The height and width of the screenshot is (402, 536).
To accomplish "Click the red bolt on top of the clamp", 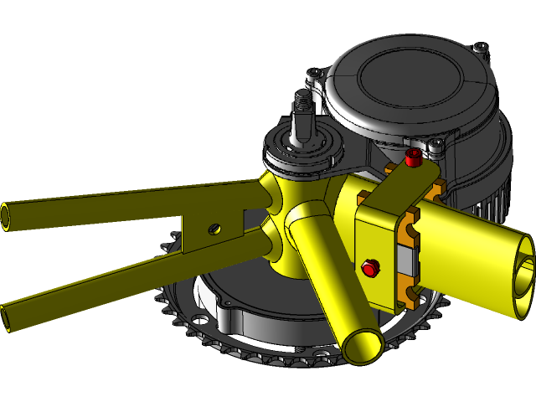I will click(411, 157).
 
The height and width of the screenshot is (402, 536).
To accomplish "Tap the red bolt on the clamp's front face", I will click(368, 268).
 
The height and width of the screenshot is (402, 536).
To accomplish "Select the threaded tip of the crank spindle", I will click(301, 104).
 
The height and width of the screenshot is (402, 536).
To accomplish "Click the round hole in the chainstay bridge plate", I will click(215, 227).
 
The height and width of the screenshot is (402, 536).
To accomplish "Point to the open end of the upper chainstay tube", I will click(6, 215).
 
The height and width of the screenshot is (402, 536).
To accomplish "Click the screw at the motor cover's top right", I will click(479, 48).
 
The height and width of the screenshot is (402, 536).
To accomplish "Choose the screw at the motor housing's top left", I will click(312, 74).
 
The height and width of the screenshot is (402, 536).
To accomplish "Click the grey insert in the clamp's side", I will click(410, 260).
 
